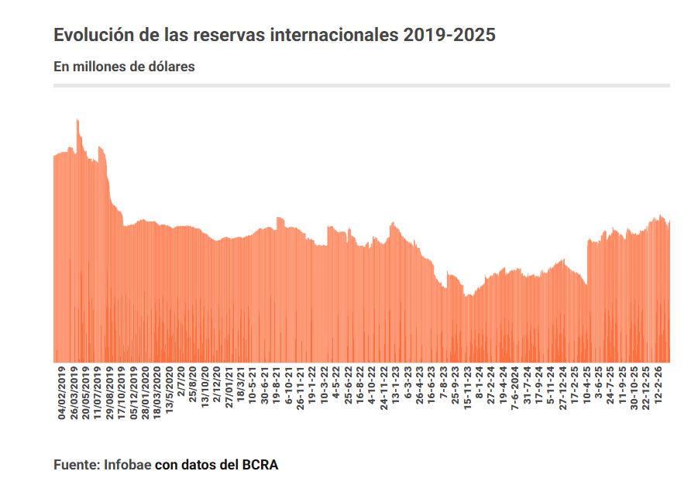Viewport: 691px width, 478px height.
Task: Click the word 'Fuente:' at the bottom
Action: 77,465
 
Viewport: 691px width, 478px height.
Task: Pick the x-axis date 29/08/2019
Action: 110,392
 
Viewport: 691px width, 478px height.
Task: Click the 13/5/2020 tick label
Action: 170,389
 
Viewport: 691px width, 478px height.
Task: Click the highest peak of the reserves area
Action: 77,121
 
